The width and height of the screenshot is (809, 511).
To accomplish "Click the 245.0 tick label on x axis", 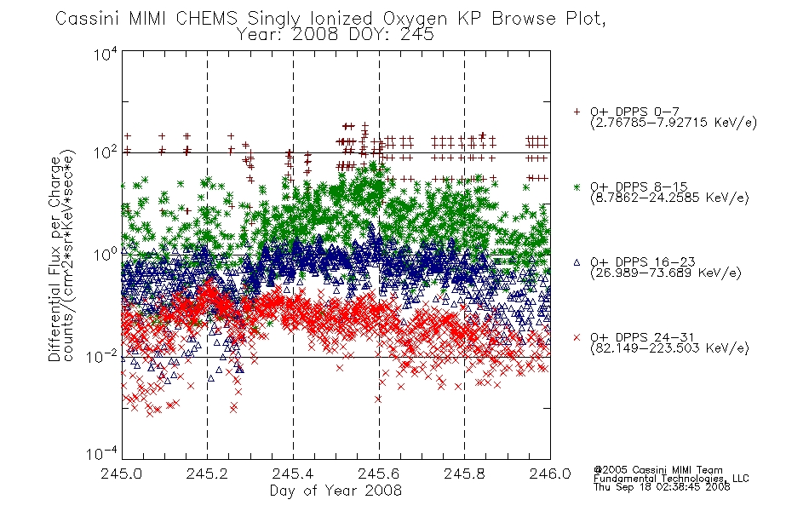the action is click(121, 474).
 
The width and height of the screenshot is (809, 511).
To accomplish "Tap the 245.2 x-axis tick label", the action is click(207, 474).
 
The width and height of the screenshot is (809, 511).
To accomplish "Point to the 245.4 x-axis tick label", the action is click(293, 474).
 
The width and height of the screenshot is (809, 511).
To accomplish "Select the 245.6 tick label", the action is click(379, 474).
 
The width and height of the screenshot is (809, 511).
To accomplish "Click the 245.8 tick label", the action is click(464, 474).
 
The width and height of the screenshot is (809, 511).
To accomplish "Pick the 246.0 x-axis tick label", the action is click(550, 474).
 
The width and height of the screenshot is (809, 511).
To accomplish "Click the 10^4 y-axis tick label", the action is click(106, 54).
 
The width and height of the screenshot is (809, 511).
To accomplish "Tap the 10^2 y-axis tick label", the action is click(106, 153).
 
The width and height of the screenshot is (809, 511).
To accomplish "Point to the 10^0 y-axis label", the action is click(106, 255).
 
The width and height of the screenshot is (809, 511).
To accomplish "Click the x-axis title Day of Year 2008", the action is click(336, 491).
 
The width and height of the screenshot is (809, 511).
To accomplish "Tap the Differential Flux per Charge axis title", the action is click(55, 258).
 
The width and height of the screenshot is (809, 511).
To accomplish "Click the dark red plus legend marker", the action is click(577, 112).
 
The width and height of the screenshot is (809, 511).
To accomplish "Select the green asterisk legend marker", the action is click(577, 187).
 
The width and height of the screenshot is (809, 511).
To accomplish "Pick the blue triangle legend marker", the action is click(577, 262).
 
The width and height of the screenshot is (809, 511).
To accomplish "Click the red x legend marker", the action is click(577, 337).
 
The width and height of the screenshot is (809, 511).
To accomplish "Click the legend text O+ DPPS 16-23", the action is click(643, 262).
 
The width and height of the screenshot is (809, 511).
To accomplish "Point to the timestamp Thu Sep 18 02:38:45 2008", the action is click(662, 486).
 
